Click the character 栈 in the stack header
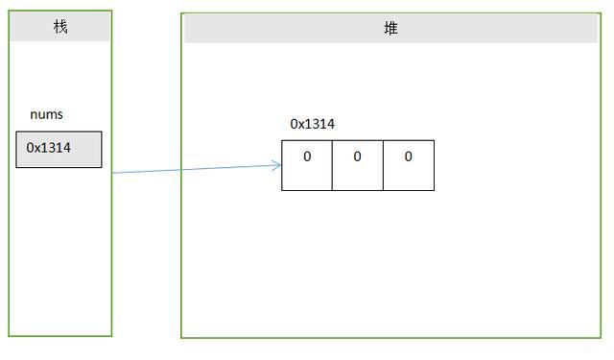(x=60, y=27)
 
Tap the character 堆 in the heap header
(x=390, y=29)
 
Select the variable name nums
(x=46, y=114)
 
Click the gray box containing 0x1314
(x=59, y=150)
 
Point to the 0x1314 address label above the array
(x=312, y=124)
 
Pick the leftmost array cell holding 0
(x=307, y=165)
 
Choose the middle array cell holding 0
(x=358, y=165)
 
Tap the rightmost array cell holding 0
(x=409, y=165)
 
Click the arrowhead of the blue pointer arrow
(x=278, y=165)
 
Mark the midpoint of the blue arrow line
(x=197, y=169)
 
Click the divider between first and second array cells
(x=332, y=165)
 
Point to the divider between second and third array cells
(x=383, y=165)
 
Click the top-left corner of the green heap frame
(x=181, y=13)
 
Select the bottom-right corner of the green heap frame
(x=602, y=337)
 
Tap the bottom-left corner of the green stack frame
(x=10, y=335)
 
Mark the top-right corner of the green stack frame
(x=111, y=11)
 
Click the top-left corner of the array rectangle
(x=282, y=141)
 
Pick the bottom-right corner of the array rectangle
(x=434, y=190)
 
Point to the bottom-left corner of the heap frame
(x=181, y=337)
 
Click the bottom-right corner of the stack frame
(x=111, y=335)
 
